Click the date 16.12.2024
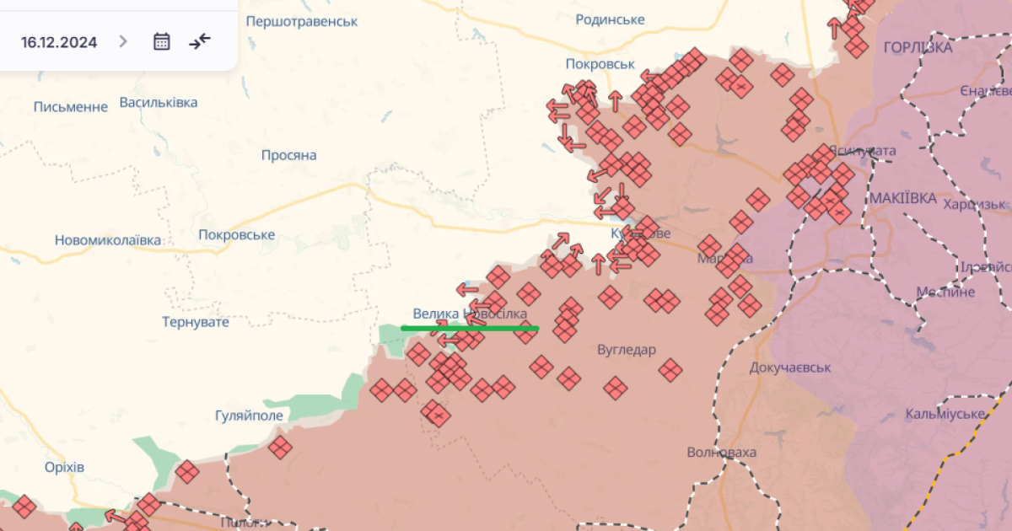(59, 42)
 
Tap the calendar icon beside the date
(162, 41)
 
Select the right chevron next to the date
(123, 41)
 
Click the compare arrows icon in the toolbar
(200, 41)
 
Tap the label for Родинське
(610, 19)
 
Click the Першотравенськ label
(302, 20)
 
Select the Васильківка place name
(159, 102)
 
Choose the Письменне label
(71, 107)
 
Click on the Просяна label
(288, 155)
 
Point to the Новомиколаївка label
(107, 240)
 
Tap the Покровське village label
(237, 234)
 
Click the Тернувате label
(196, 321)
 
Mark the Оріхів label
(65, 467)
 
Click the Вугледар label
(626, 350)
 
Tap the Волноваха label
(721, 453)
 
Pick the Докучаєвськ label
(790, 367)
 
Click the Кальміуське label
(945, 414)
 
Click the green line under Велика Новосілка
(469, 328)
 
